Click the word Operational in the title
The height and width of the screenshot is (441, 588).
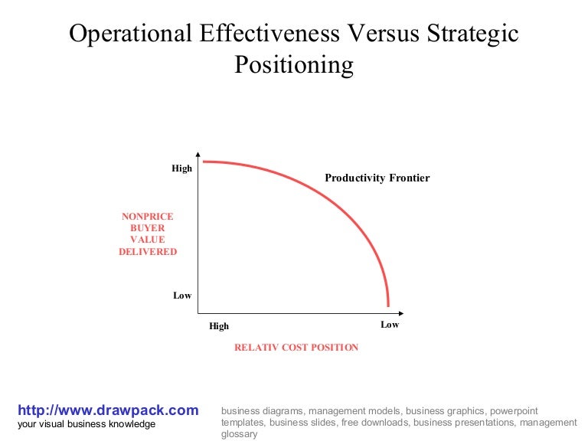pos(131,34)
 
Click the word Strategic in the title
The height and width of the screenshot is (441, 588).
pos(472,34)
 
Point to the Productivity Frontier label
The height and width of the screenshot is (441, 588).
pos(377,178)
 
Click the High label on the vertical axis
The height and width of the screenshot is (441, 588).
pos(181,168)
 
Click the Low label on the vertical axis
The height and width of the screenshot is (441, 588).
pos(182,296)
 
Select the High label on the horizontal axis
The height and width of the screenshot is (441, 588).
pos(219,326)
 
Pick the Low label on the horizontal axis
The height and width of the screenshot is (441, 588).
pos(390,325)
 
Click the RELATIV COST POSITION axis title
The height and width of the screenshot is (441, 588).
pos(296,348)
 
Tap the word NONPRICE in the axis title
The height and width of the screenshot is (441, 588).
pos(148,217)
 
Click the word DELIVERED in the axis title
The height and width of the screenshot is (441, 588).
pos(148,252)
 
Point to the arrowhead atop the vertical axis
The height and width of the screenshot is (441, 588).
pos(198,152)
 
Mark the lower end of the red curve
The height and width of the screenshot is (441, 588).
pos(388,305)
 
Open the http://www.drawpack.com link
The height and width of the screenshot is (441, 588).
pos(108,410)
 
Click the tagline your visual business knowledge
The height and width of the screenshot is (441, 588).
pos(87,424)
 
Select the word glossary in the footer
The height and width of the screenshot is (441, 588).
pos(239,434)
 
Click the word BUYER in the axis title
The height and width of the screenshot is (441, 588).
pos(148,228)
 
